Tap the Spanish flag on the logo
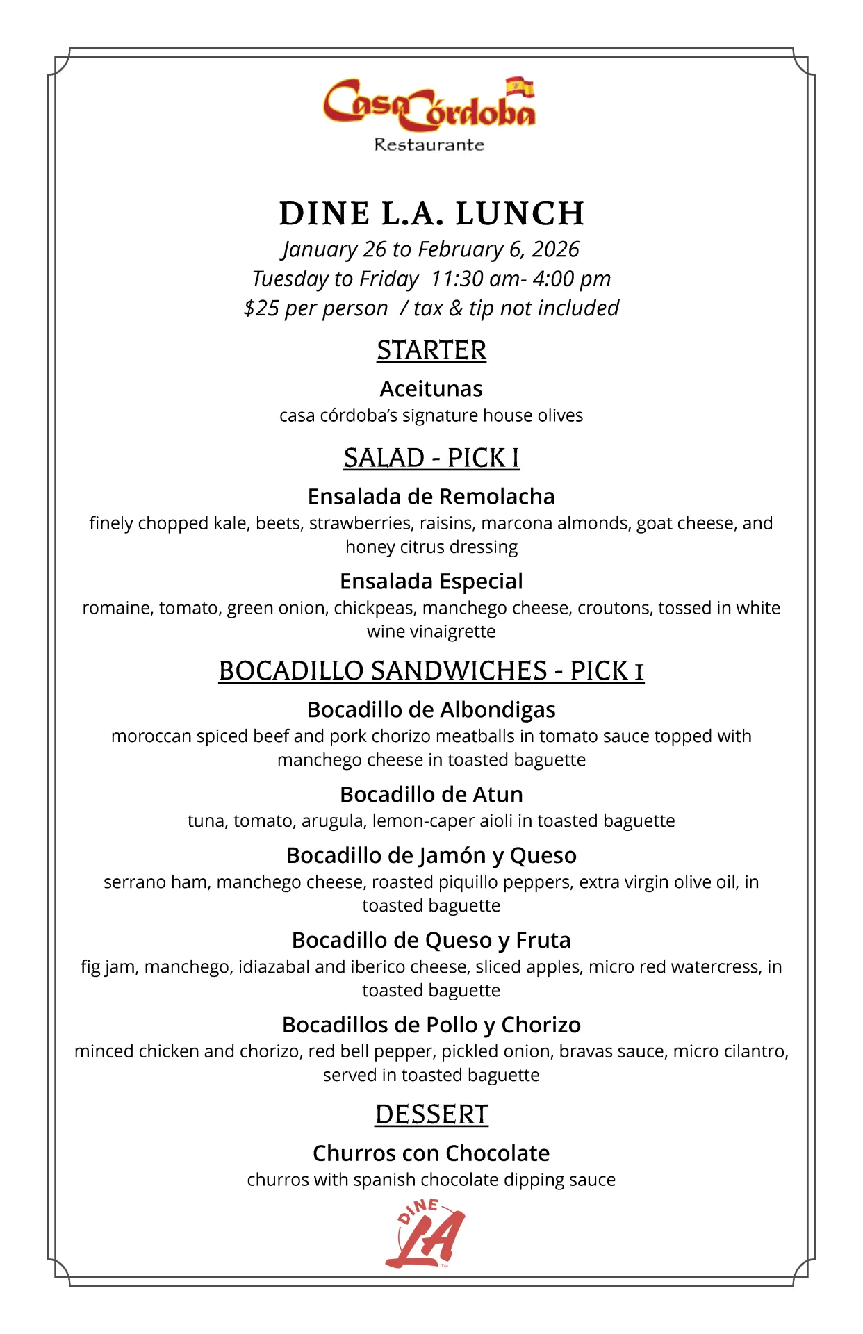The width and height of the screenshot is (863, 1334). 520,87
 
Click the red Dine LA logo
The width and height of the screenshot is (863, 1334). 425,1233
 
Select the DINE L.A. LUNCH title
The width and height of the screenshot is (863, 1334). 431,213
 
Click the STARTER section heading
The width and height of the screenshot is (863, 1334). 431,350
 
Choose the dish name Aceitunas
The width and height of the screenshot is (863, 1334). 431,388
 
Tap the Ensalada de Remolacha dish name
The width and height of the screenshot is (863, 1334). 431,496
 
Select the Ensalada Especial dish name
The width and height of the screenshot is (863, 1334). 431,581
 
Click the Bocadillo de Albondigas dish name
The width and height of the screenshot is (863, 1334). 431,709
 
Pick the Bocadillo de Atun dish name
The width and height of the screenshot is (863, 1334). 431,794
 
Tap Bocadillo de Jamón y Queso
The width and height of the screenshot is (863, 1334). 431,855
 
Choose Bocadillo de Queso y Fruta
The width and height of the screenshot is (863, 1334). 431,940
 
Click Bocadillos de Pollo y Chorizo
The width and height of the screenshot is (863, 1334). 431,1025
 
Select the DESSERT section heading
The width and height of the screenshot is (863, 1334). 431,1114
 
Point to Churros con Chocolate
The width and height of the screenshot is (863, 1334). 431,1153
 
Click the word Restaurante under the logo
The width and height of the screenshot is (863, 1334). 429,145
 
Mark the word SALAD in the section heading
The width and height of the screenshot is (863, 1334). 384,458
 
